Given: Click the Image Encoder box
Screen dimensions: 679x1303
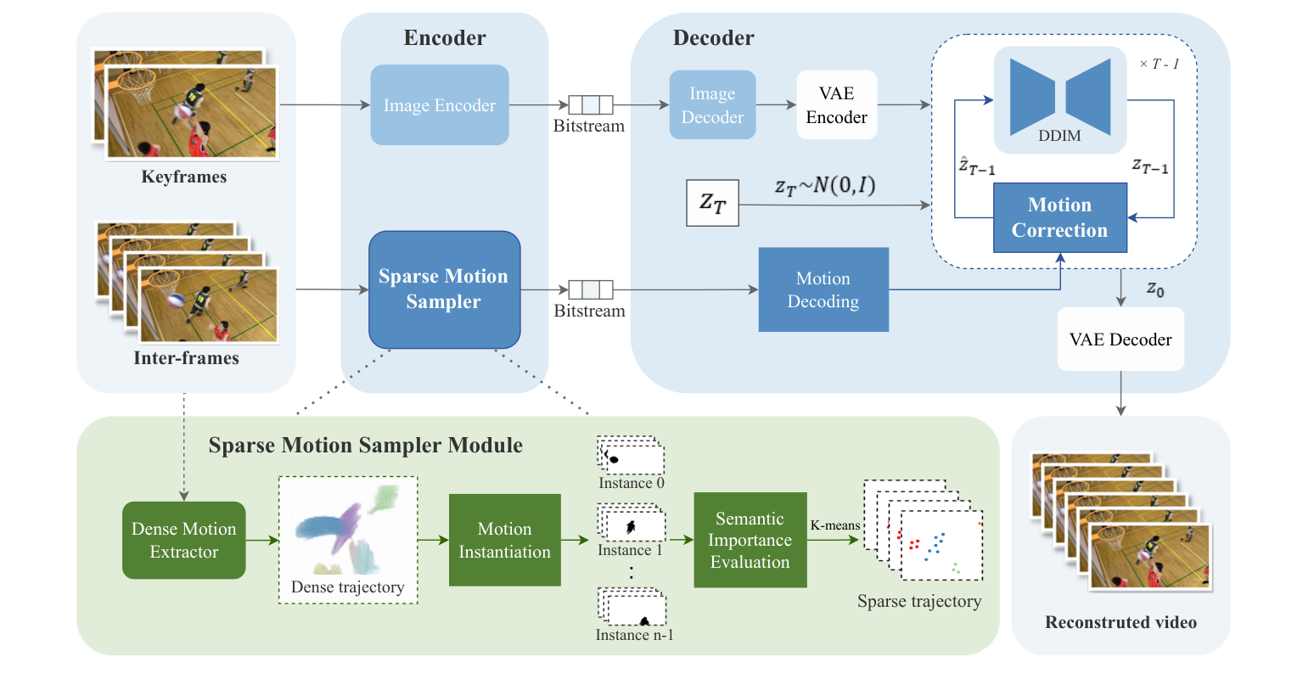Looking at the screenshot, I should click(440, 105).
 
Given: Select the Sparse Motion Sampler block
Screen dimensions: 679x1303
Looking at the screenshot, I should click(444, 289).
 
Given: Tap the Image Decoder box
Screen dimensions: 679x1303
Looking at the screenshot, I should click(712, 105).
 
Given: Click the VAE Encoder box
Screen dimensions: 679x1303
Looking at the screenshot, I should click(836, 105).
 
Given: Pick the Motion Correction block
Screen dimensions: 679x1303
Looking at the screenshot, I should click(1059, 218).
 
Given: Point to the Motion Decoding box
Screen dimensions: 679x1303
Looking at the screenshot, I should click(823, 289).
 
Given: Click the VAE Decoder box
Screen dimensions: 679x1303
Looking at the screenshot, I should click(1120, 339).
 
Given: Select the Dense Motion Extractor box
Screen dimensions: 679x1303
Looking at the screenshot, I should click(184, 541).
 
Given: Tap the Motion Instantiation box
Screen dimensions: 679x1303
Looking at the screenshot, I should click(504, 541).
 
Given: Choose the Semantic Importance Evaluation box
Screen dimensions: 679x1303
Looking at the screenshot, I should click(750, 541).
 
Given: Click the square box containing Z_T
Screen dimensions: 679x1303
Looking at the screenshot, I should click(712, 203).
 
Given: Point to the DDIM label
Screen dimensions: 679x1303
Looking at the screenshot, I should click(1059, 136).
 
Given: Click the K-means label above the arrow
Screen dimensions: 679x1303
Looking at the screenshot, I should click(834, 525).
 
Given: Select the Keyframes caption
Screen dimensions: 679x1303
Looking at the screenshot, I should click(184, 177).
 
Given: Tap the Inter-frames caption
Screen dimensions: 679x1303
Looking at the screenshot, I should click(186, 358).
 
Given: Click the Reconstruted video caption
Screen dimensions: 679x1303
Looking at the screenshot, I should click(1120, 622).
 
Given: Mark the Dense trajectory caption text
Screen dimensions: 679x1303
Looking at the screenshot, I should click(347, 587).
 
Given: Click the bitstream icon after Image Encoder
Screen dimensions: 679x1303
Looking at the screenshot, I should click(590, 105).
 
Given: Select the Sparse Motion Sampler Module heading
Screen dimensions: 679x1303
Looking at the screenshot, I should click(366, 446).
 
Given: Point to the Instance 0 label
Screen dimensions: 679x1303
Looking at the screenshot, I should click(631, 483).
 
